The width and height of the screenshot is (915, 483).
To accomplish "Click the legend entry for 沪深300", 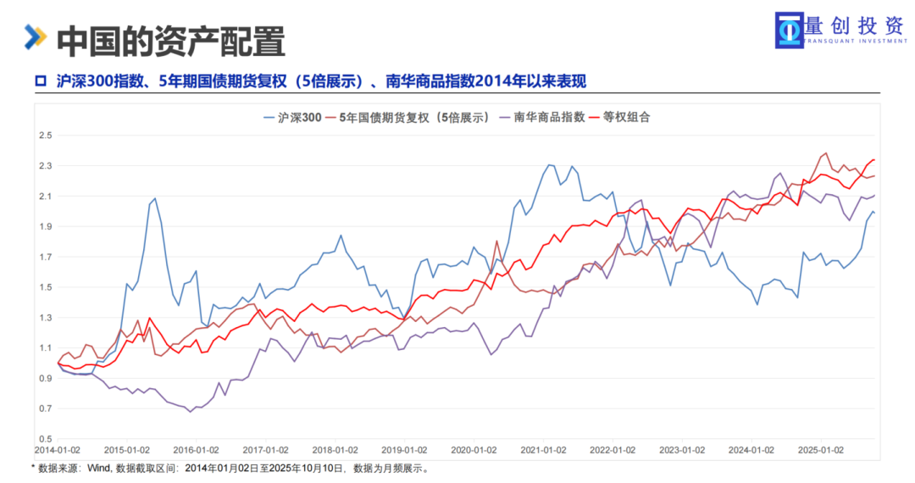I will [x=299, y=118].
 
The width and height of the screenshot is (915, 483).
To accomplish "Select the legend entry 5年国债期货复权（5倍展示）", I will [x=415, y=118].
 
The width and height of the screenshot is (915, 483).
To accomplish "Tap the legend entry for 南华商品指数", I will [x=549, y=118].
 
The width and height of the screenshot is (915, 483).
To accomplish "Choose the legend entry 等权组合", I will [x=626, y=118].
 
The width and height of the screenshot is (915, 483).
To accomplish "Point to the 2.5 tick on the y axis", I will [x=45, y=136].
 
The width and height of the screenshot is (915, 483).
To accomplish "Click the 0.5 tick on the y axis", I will [x=45, y=440].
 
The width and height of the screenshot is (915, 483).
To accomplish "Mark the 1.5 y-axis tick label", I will [x=45, y=287].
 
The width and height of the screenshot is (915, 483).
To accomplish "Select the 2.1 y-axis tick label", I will [x=45, y=197].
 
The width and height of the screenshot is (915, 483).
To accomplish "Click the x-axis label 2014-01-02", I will [x=57, y=450].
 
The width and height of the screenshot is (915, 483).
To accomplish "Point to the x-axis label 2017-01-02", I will [x=266, y=450].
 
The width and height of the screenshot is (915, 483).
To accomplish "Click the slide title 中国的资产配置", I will [x=170, y=40].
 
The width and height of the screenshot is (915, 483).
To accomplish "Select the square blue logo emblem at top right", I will [x=790, y=29].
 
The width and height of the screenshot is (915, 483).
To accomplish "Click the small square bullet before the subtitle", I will [x=39, y=81].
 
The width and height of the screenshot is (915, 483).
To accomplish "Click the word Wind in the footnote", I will [x=98, y=468].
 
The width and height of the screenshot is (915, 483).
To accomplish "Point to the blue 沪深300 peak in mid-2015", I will [x=154, y=198].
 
